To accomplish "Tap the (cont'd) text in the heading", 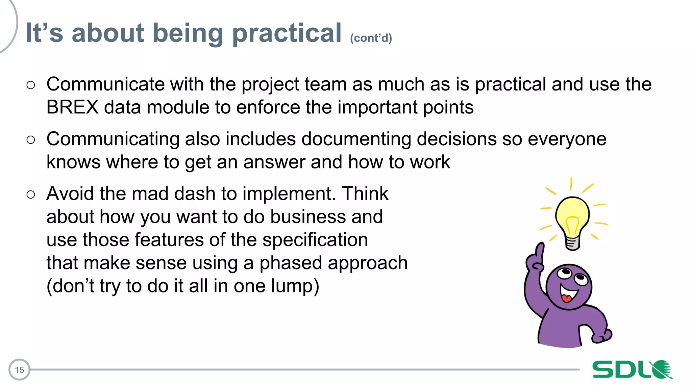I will (x=371, y=38).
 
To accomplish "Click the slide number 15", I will (x=19, y=370).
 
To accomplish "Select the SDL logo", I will (x=632, y=369).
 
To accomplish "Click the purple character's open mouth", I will (x=568, y=294).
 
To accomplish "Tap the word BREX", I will (x=72, y=107).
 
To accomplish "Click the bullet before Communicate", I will (x=31, y=85).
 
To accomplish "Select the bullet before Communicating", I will (x=31, y=139).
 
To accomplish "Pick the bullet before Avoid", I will (x=31, y=194).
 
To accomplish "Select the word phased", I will (x=291, y=263).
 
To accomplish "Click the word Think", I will (x=365, y=194).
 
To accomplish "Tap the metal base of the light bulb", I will (x=572, y=243).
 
